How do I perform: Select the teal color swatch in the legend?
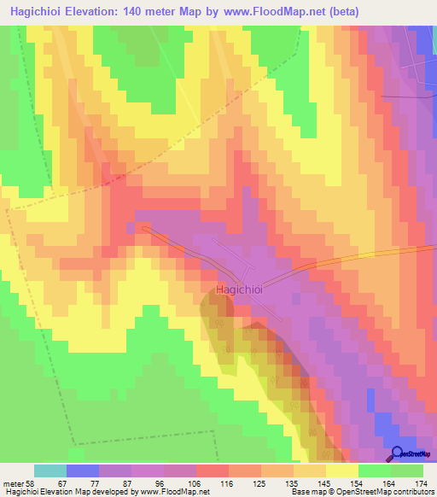(x=50, y=471)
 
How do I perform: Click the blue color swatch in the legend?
(x=83, y=471)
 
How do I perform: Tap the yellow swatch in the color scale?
(x=341, y=471)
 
